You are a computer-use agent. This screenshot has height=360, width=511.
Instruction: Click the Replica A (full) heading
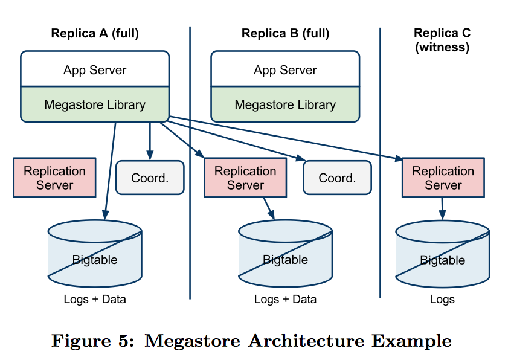95,34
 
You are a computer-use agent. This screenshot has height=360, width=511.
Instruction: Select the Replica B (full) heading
285,34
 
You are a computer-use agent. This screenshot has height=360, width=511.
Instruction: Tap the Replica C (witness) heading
442,40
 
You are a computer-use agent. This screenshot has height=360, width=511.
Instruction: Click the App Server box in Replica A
95,70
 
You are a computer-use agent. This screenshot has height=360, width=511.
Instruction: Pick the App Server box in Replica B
285,70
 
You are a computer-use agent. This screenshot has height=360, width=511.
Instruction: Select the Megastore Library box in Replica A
95,104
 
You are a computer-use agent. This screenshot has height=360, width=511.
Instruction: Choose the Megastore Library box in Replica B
285,104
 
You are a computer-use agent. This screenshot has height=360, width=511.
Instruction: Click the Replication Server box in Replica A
54,178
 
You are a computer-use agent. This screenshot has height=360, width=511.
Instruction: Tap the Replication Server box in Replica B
245,178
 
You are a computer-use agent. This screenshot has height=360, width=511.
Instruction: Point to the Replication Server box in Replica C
443,178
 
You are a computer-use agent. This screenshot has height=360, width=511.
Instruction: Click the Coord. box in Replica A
150,178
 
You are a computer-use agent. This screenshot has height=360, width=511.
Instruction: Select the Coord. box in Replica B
337,178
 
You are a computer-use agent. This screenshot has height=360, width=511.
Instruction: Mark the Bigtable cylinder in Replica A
95,254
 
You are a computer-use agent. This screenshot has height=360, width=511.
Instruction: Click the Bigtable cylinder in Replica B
285,254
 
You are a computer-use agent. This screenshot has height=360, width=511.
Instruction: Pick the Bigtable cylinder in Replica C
442,254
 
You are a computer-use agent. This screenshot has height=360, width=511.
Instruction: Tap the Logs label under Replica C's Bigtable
442,300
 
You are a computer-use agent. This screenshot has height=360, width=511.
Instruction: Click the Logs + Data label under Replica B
285,300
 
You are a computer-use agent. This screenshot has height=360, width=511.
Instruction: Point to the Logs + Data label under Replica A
95,300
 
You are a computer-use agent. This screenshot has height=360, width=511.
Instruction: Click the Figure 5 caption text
251,341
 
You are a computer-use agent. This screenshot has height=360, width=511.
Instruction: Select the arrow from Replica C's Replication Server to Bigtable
442,208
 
